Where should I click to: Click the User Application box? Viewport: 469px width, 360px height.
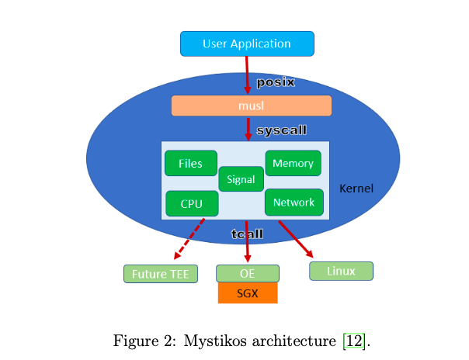pyautogui.click(x=247, y=43)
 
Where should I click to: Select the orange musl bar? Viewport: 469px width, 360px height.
pyautogui.click(x=251, y=106)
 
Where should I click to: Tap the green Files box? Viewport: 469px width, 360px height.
pyautogui.click(x=190, y=163)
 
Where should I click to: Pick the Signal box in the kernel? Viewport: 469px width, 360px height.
pyautogui.click(x=241, y=179)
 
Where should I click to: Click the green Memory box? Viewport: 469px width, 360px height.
pyautogui.click(x=293, y=163)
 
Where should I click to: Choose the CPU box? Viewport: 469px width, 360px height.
pyautogui.click(x=191, y=203)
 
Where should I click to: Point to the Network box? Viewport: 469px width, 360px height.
pyautogui.click(x=294, y=202)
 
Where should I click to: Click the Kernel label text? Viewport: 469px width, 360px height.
pyautogui.click(x=356, y=189)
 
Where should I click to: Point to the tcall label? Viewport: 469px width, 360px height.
pyautogui.click(x=248, y=234)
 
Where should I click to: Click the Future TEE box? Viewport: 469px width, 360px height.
pyautogui.click(x=161, y=274)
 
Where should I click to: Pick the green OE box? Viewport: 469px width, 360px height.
pyautogui.click(x=247, y=273)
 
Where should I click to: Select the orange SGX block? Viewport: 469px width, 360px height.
pyautogui.click(x=247, y=292)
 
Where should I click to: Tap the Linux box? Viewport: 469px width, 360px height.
pyautogui.click(x=341, y=271)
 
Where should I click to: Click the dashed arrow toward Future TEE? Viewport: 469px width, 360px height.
pyautogui.click(x=189, y=238)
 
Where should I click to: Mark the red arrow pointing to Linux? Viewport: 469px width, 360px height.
pyautogui.click(x=296, y=239)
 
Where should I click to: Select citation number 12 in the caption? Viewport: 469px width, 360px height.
pyautogui.click(x=352, y=341)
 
